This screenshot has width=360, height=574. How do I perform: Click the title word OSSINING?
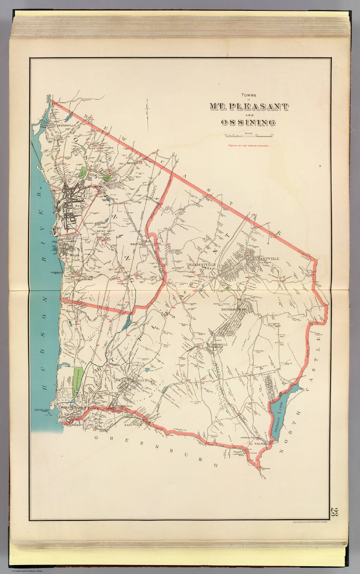tap(248, 122)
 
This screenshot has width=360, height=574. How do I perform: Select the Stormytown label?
tap(103, 148)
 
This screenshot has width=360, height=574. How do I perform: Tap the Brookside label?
tap(135, 163)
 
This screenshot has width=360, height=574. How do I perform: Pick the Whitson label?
tap(137, 244)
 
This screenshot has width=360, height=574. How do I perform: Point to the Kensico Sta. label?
tap(247, 438)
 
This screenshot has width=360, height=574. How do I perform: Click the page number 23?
tap(334, 512)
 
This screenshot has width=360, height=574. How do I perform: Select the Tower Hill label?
tap(124, 406)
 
